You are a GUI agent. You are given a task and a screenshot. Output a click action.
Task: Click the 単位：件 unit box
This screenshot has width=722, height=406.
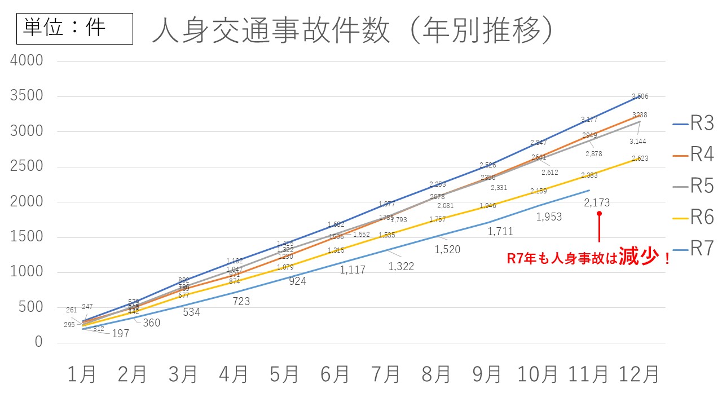[74, 29]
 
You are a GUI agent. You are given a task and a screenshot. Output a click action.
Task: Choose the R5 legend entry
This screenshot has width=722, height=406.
[693, 186]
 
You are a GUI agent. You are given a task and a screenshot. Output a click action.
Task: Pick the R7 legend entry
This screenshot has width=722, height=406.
[693, 248]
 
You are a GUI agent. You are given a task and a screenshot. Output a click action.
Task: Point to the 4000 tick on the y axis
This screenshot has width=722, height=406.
[27, 60]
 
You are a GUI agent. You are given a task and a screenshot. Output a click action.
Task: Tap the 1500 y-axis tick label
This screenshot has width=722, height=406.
[27, 237]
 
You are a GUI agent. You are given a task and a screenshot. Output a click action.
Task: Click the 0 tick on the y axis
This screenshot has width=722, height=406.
[38, 342]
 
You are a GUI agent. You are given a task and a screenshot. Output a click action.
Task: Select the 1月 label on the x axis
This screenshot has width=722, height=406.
[82, 374]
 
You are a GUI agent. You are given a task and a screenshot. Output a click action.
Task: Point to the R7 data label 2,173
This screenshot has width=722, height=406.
[597, 202]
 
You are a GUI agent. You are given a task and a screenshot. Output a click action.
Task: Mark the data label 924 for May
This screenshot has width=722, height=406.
[297, 281]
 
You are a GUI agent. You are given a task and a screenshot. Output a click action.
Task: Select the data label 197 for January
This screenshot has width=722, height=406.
[121, 333]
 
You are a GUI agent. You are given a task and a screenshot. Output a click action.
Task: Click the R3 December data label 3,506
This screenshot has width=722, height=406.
[640, 96]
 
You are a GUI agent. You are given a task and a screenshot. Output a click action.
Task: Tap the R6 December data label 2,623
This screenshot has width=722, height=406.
[640, 158]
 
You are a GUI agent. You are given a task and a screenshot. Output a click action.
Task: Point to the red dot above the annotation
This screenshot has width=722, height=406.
[599, 213]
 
